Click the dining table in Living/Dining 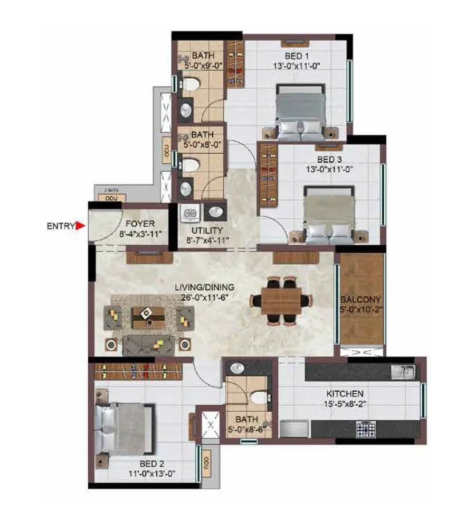[281, 301]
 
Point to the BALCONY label [361, 299]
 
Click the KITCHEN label [345, 393]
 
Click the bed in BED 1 [299, 112]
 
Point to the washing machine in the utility [189, 214]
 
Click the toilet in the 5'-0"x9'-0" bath [191, 84]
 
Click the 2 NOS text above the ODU [110, 189]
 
